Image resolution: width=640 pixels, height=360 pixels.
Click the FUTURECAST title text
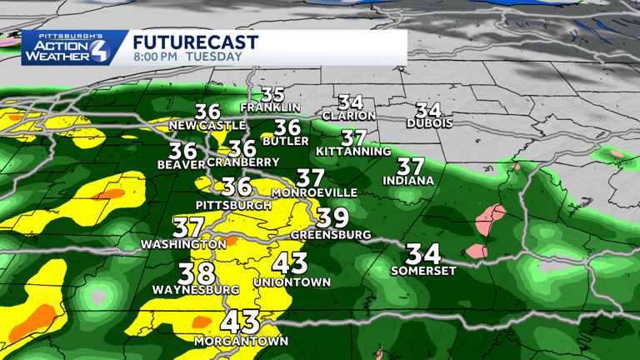coord(195,42)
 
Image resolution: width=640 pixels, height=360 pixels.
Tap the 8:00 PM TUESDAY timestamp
coord(187,57)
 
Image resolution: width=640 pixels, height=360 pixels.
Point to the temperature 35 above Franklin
coord(273,94)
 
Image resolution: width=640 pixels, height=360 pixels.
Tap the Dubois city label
coord(430,123)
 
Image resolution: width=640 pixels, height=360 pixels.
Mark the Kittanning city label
coord(354,152)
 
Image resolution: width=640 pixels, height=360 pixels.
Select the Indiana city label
coord(408,180)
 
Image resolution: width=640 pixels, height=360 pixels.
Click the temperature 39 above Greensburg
coord(332,217)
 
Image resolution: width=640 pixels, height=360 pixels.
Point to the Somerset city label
coord(422,270)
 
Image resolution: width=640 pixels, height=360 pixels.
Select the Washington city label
coord(183,244)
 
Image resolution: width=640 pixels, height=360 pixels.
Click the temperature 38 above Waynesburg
coord(197,272)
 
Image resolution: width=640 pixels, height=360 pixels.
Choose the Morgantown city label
coord(241,342)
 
